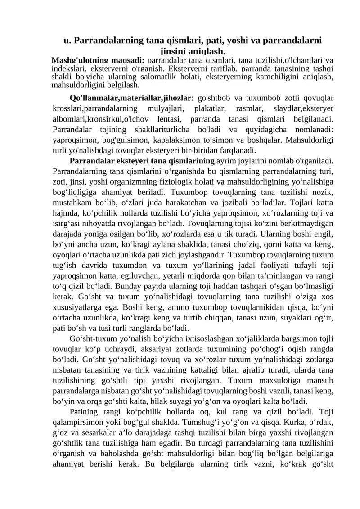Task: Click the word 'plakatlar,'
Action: [x=212, y=109]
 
